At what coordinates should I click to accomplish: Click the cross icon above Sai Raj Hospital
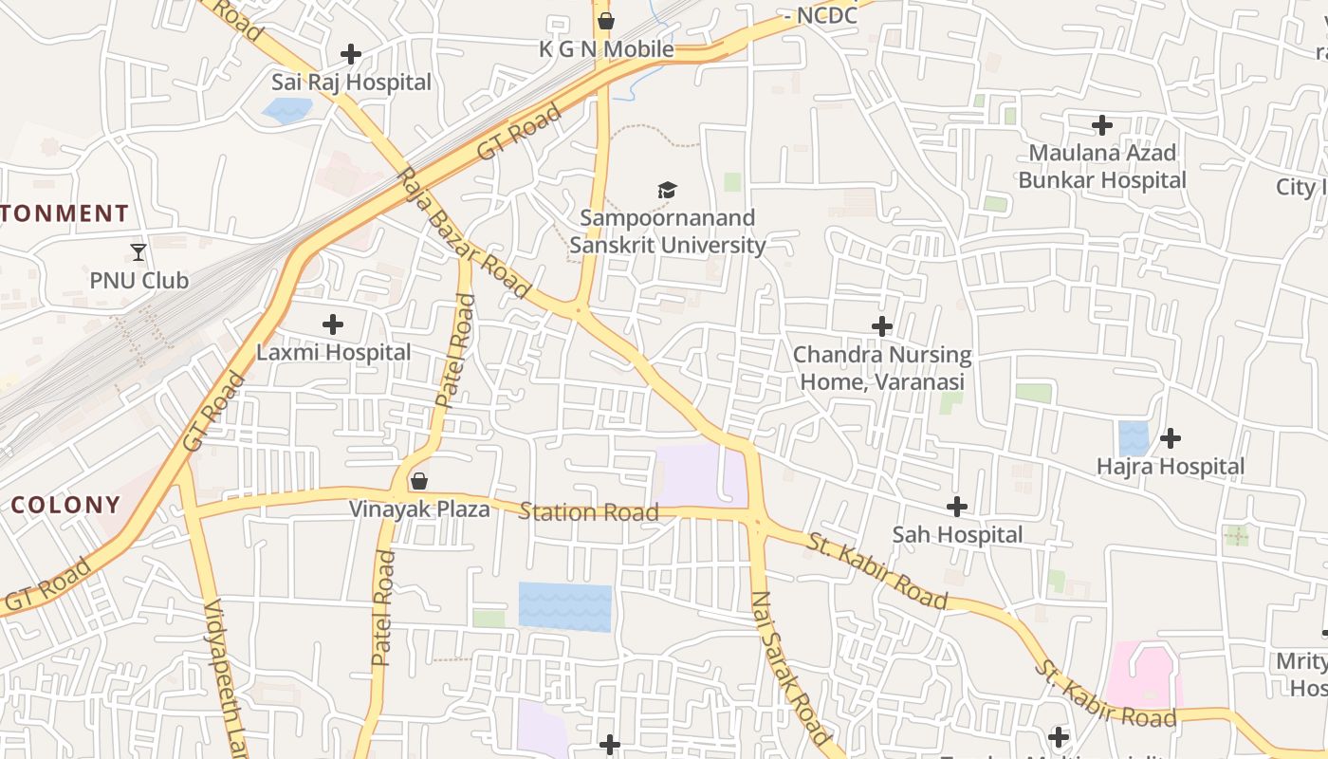(351, 54)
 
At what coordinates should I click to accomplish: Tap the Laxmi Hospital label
(334, 352)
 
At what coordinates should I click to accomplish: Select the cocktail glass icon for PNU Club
(138, 252)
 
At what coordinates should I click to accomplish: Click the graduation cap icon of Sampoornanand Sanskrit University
(668, 191)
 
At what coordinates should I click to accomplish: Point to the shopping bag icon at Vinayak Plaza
(418, 481)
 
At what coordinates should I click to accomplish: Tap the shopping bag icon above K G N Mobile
(606, 21)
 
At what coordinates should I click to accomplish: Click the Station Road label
(588, 512)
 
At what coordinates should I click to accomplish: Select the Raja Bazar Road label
(463, 233)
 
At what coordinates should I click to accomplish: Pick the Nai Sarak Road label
(790, 667)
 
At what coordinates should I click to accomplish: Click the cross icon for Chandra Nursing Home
(882, 326)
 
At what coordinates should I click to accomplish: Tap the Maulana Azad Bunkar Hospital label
(1102, 166)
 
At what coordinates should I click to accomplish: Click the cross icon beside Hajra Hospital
(1171, 438)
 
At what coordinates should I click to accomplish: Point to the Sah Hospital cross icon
(957, 507)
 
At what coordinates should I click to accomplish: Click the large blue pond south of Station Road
(564, 607)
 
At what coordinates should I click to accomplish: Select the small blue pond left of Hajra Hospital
(1134, 437)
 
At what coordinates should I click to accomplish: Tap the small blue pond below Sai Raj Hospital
(286, 111)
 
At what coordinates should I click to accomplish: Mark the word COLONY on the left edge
(65, 505)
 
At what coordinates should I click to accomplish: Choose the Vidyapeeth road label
(226, 678)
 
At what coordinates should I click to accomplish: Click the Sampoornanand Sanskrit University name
(668, 231)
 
